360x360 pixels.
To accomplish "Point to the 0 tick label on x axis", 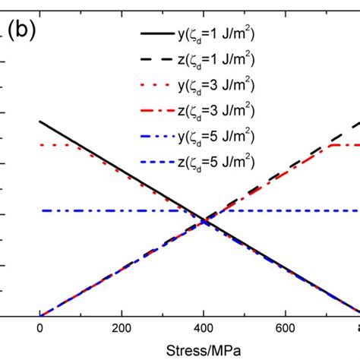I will (x=39, y=330).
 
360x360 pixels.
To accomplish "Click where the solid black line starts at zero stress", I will (x=39, y=122).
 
